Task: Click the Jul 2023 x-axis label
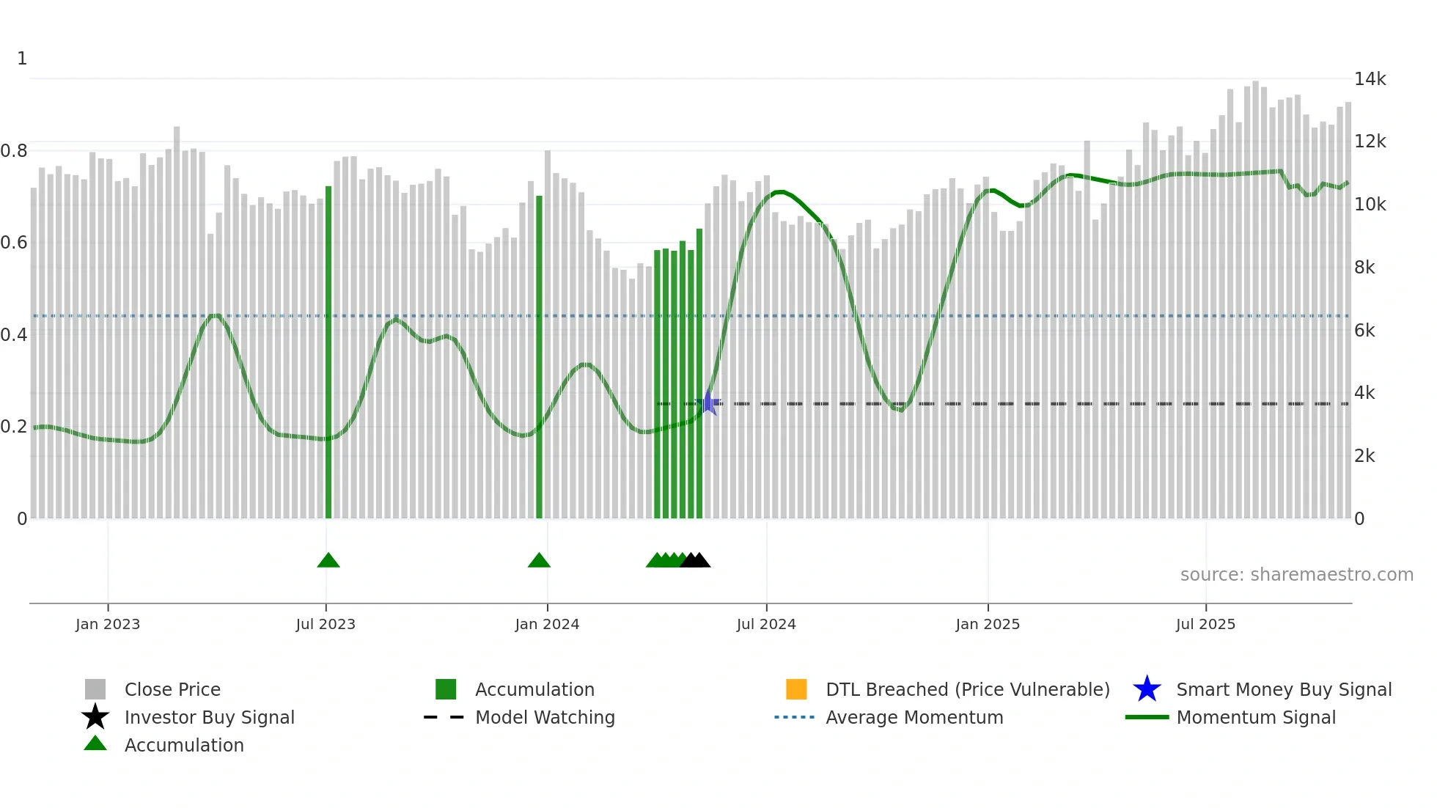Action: click(x=326, y=624)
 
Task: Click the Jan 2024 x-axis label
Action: click(x=547, y=624)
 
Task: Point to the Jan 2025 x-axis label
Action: click(x=988, y=624)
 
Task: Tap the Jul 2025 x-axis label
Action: click(x=1205, y=624)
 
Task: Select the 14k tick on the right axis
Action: click(x=1370, y=79)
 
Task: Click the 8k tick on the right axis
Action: click(x=1364, y=268)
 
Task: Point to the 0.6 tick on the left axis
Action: click(x=14, y=243)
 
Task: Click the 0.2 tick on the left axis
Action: click(x=14, y=427)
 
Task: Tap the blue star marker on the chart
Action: click(x=709, y=403)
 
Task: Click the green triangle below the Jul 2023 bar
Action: click(x=328, y=561)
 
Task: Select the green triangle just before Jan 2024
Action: click(x=539, y=561)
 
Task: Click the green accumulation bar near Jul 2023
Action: click(x=328, y=352)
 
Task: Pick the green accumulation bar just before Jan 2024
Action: click(x=539, y=357)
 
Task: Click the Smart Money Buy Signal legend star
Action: click(x=1147, y=689)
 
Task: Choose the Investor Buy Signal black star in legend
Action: click(x=95, y=717)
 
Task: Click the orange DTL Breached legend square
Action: click(x=796, y=689)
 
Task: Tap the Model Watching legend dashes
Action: click(x=444, y=717)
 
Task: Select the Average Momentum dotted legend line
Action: click(x=795, y=717)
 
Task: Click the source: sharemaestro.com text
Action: click(x=1296, y=575)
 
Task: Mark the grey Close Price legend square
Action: click(x=95, y=689)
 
